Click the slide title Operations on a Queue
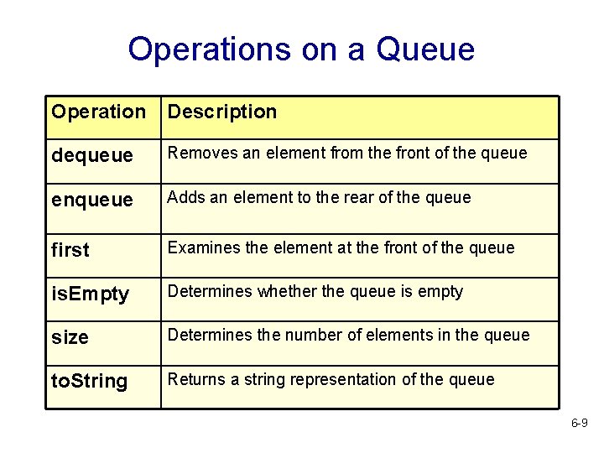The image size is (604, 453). pos(301,49)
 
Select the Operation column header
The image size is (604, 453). pos(98,112)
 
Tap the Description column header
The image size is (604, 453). pos(222,112)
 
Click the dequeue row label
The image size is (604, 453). pos(92,156)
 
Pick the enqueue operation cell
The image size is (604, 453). pos(92,200)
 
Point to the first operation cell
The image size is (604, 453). pos(70,250)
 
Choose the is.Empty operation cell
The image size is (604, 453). pos(91,294)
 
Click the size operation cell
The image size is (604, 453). pos(70,338)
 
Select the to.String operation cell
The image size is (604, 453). pos(90,382)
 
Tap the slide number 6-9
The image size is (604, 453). pos(579,424)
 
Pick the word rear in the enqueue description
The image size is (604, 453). pos(366,198)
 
